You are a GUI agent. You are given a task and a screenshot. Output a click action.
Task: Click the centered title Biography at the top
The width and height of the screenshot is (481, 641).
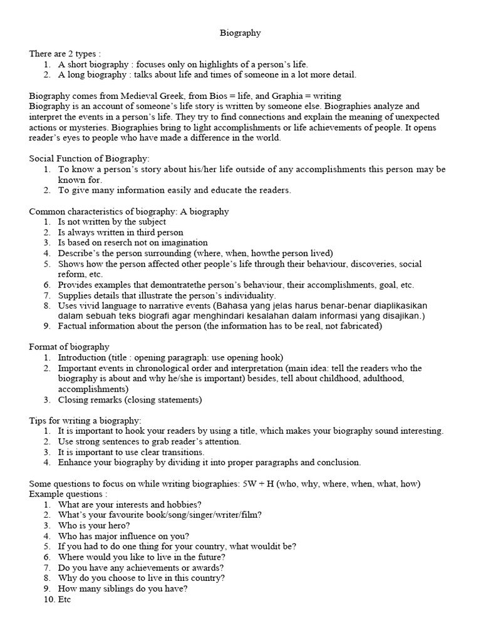(x=240, y=33)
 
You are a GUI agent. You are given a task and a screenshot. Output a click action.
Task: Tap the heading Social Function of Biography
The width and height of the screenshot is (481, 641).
(x=90, y=159)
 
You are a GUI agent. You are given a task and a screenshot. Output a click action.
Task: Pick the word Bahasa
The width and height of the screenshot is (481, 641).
(x=230, y=305)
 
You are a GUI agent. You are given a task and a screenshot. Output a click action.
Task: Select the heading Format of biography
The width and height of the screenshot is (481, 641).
(x=69, y=347)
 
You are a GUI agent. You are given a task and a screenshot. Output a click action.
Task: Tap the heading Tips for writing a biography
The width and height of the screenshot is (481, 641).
(x=85, y=421)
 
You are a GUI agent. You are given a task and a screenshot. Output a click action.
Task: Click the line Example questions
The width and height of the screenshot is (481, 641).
(x=65, y=494)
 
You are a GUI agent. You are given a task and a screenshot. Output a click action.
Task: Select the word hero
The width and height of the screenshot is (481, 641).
(x=119, y=525)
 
